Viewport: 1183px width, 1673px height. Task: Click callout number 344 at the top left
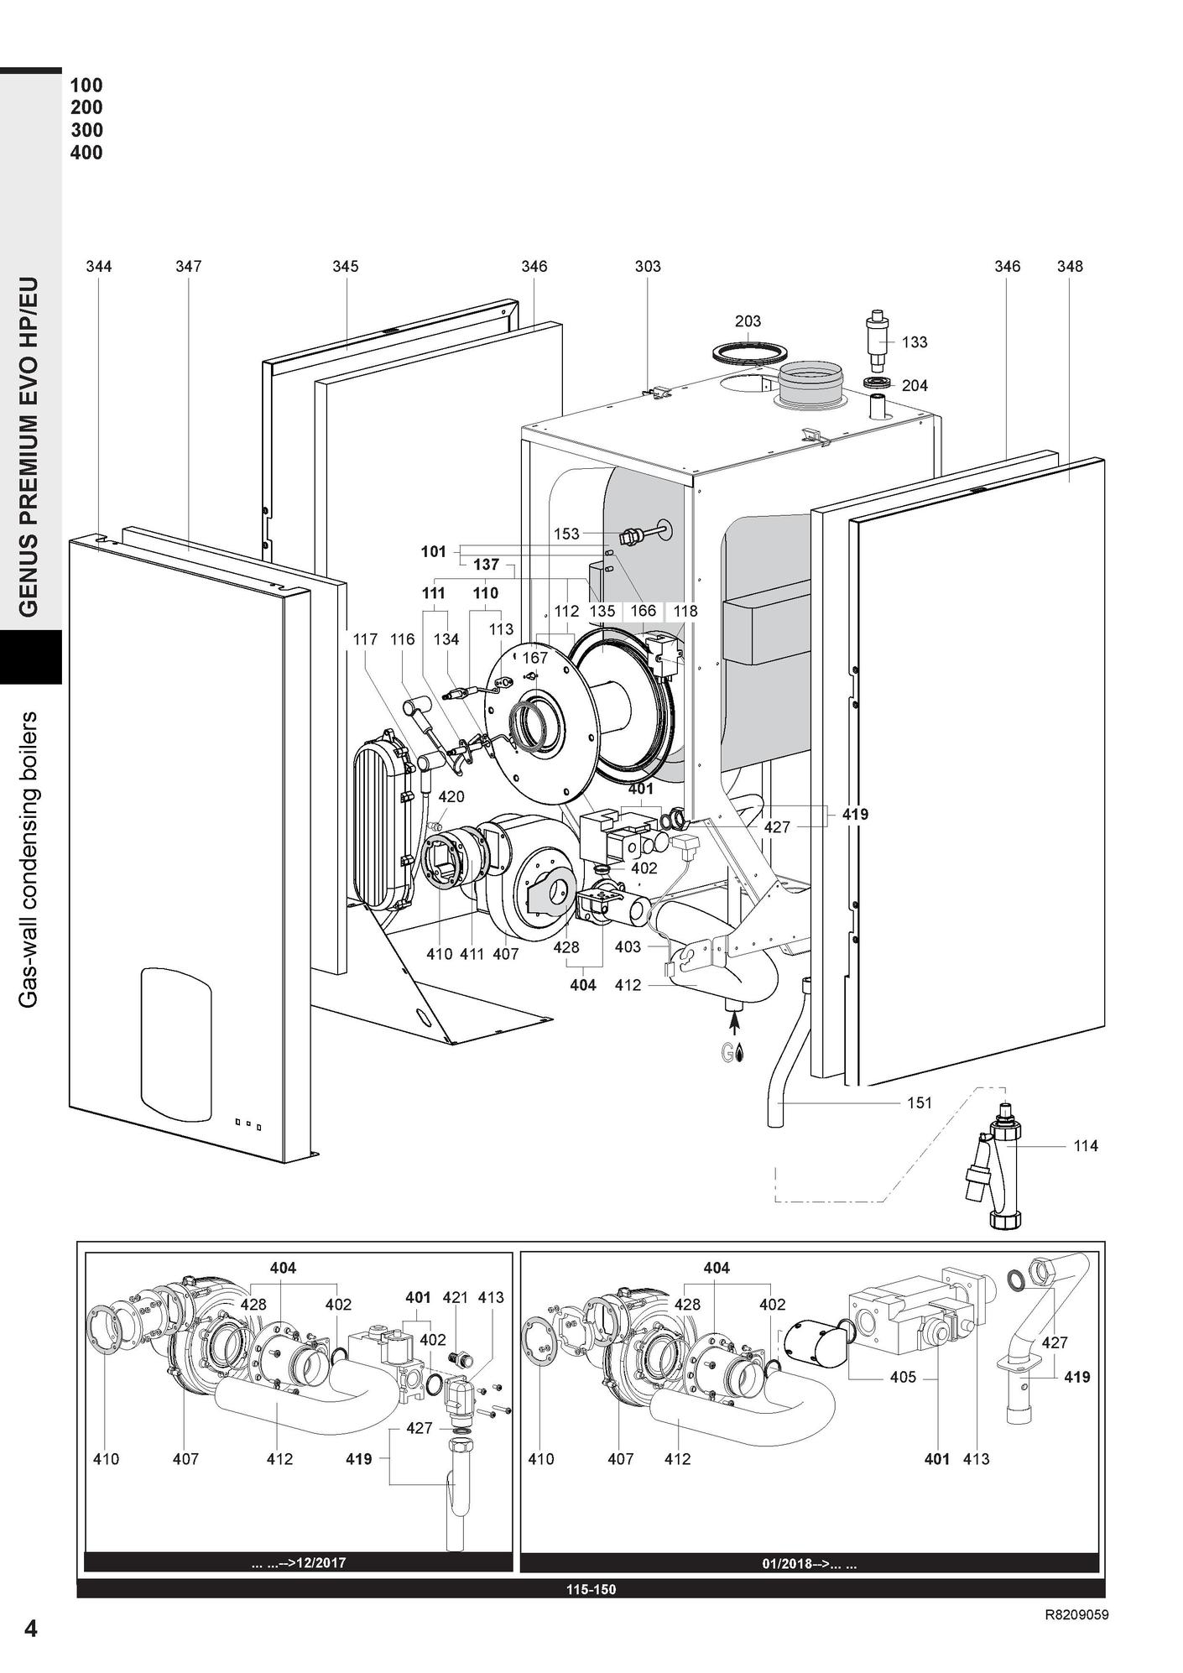tap(99, 267)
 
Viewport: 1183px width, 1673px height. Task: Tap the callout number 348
tap(1070, 267)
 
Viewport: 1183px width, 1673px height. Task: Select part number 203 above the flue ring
tap(748, 321)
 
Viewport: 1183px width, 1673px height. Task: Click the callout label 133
tap(915, 342)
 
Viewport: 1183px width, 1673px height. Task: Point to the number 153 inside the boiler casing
tap(566, 534)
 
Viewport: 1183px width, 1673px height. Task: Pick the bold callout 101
tap(433, 552)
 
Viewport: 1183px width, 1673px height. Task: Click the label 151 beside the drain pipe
tap(920, 1102)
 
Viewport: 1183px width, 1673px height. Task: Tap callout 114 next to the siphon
tap(1086, 1146)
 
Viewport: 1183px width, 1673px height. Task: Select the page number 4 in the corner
tap(31, 1629)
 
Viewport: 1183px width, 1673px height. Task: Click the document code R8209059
tap(1076, 1615)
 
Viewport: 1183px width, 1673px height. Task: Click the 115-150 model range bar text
tap(591, 1589)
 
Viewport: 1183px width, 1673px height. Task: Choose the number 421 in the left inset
tap(455, 1298)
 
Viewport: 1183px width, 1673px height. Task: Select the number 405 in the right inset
tap(903, 1377)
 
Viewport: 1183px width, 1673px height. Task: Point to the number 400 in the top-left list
tap(86, 153)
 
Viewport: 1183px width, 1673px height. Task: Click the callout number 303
tap(647, 267)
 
